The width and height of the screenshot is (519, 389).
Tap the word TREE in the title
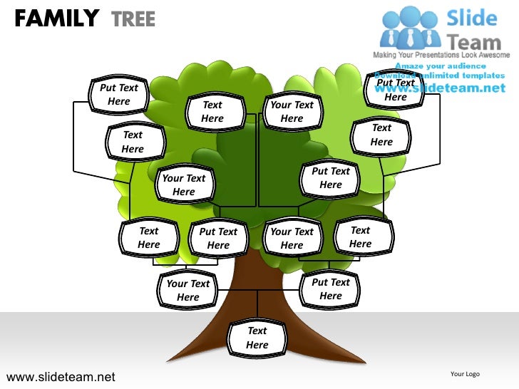click(x=133, y=19)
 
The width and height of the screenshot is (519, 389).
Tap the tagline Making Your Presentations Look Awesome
click(x=442, y=55)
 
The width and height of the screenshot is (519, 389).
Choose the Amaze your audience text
click(x=441, y=66)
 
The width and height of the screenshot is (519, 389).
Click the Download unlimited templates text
click(x=440, y=76)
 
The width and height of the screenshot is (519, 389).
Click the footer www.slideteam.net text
click(x=60, y=376)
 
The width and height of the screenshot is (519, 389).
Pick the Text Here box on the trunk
click(x=257, y=338)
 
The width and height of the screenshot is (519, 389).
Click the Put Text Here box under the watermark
click(x=396, y=90)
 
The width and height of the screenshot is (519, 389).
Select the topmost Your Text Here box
click(x=292, y=111)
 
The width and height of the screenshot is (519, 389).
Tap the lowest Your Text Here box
click(x=188, y=290)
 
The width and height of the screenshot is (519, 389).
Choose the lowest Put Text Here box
click(x=331, y=289)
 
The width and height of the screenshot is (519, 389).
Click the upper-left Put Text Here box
click(x=119, y=95)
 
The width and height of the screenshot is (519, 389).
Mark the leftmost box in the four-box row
click(x=148, y=237)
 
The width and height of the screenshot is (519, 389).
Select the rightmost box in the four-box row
click(x=361, y=237)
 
